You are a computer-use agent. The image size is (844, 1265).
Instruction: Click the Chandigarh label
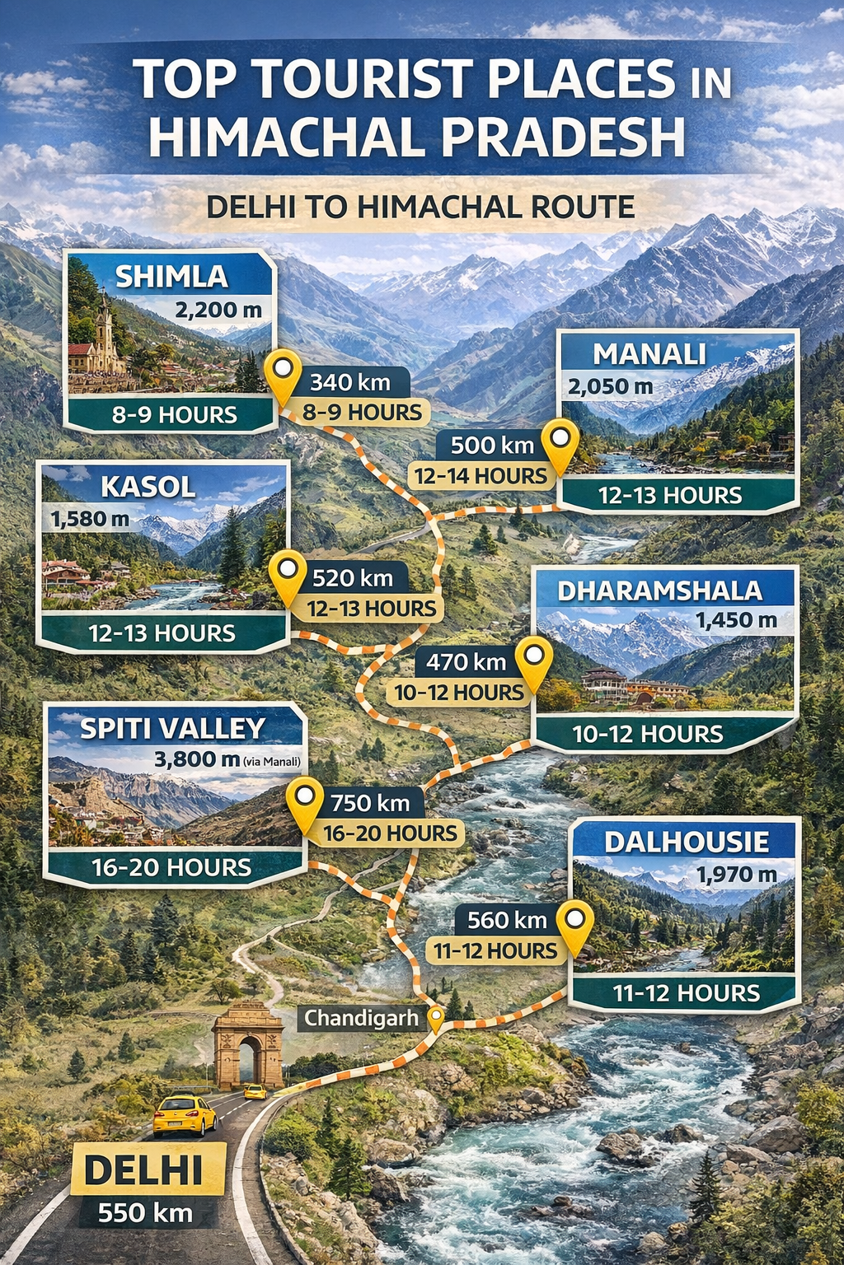pos(361,1019)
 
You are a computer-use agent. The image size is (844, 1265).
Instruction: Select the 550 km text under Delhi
pos(145,1213)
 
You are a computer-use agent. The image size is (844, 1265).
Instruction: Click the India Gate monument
pos(248,1046)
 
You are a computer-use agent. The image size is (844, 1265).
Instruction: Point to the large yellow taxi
pos(185,1114)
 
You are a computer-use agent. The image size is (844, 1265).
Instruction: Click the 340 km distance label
pos(349,382)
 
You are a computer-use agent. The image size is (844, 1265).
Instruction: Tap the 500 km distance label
pos(492,446)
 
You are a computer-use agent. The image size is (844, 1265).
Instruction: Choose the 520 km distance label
pos(353,578)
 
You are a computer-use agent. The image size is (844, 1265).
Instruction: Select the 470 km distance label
pos(466,661)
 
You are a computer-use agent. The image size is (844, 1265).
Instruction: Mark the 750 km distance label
pos(370,802)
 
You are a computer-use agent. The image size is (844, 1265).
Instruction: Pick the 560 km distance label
pos(507,920)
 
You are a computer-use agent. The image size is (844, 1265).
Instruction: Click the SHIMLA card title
pos(171,277)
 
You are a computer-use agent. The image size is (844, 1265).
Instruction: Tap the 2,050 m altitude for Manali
pos(610,386)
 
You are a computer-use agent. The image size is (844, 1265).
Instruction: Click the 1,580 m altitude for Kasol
pos(90,520)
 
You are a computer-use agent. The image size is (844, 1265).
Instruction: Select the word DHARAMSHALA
pos(659,590)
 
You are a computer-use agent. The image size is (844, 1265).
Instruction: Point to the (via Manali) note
pos(272,762)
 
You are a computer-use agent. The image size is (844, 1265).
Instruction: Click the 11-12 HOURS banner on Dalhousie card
pos(686,993)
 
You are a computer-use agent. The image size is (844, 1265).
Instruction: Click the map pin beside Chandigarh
pos(434,1018)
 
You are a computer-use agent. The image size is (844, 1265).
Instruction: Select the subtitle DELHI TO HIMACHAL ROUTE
pos(420,207)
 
